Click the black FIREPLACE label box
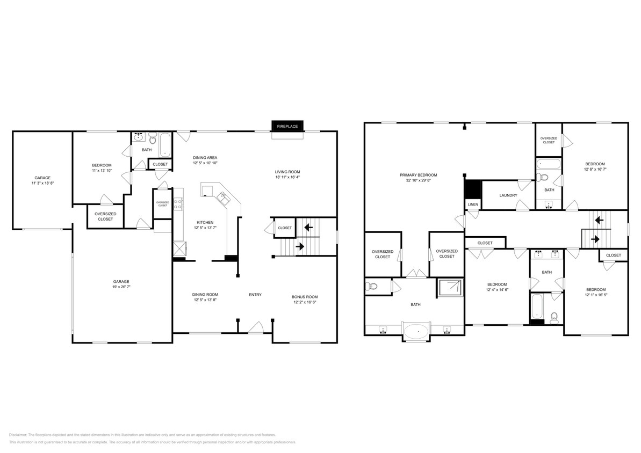click(287, 126)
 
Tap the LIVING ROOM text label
click(287, 171)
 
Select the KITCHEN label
click(205, 222)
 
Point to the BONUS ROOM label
click(305, 297)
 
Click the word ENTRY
click(255, 294)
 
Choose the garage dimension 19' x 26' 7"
click(121, 287)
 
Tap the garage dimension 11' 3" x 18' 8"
click(42, 183)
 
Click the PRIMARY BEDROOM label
click(418, 175)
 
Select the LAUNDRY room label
click(508, 195)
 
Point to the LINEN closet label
click(473, 204)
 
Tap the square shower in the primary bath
click(451, 287)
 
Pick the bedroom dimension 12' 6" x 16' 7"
click(595, 170)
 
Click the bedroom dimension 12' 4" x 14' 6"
click(497, 290)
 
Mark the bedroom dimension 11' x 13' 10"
click(102, 170)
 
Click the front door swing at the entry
click(256, 327)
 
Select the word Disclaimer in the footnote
click(18, 435)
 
